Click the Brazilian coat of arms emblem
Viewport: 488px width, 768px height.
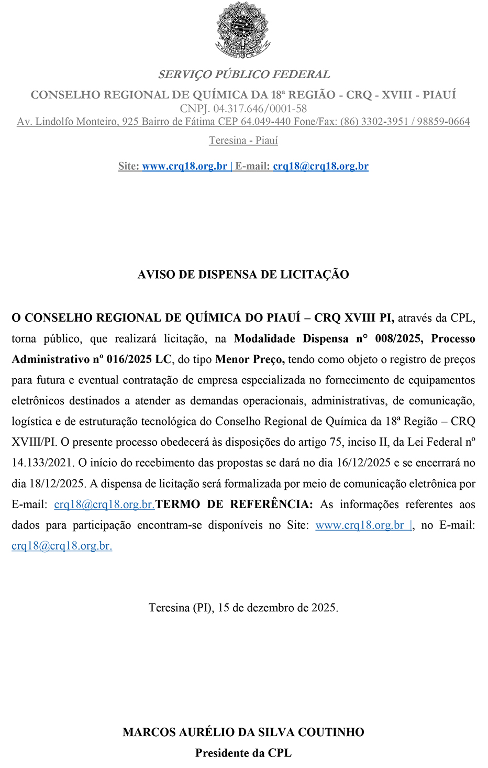tap(243, 30)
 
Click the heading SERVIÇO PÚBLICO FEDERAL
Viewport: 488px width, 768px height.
tap(244, 74)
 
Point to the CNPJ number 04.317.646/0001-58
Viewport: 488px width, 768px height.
tap(260, 109)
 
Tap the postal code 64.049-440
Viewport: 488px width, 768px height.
tap(265, 122)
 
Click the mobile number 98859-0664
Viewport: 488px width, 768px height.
tap(443, 122)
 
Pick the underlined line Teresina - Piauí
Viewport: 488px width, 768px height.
tap(243, 140)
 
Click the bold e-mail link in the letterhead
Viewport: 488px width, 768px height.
tap(320, 166)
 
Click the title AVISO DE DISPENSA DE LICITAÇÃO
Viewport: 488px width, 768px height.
tap(243, 275)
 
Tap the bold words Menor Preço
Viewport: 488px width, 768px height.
tap(250, 359)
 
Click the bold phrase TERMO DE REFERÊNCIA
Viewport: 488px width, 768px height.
tap(235, 504)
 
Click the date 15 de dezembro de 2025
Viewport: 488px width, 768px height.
tap(278, 608)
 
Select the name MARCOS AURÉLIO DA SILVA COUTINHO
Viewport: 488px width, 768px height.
tap(243, 732)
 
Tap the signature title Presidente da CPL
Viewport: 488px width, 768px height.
tap(243, 753)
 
